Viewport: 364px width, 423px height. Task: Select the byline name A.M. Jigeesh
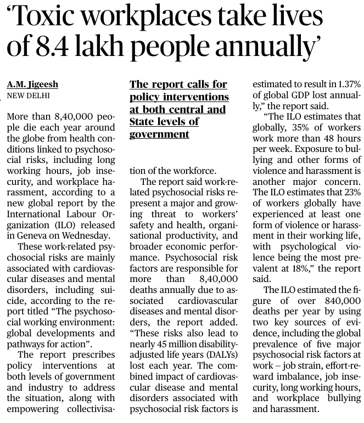pos(33,84)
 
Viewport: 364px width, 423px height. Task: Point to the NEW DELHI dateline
pos(28,95)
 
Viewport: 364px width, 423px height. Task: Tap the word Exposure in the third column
pos(309,149)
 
